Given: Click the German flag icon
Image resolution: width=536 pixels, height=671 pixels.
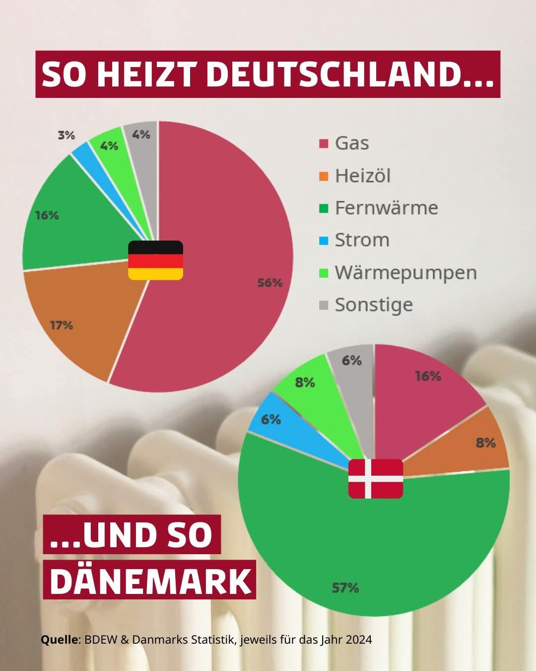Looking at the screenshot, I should (x=156, y=260).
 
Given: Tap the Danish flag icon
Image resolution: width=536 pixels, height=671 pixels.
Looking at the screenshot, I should (x=376, y=478).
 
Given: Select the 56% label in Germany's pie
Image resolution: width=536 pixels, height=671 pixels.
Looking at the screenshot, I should (x=269, y=283).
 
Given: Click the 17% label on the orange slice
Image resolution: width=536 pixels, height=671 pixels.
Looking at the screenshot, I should (x=62, y=326).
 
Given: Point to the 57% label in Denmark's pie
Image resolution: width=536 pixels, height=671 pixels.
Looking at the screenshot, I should (x=345, y=588).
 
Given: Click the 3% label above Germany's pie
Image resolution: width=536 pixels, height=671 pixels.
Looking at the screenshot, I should (x=66, y=135).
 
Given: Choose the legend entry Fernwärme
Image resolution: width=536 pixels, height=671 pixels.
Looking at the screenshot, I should (x=386, y=208).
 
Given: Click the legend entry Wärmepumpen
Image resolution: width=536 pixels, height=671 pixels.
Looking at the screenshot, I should (x=405, y=272).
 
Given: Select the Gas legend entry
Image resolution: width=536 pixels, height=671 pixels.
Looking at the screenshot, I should (x=351, y=143).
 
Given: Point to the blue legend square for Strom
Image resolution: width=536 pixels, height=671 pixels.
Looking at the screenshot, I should (x=324, y=241).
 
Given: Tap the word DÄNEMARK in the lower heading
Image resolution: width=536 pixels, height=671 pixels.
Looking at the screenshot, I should (x=150, y=581).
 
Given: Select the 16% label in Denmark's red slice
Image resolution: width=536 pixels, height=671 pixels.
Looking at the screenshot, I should (x=428, y=376).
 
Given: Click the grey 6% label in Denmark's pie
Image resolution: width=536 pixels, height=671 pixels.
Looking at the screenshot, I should (x=352, y=360).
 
